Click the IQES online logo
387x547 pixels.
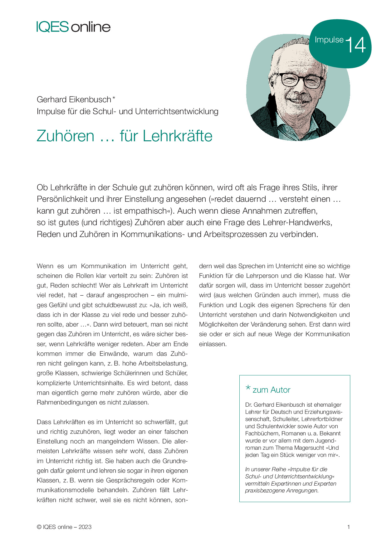[x=73, y=27]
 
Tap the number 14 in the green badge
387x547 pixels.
[x=355, y=45]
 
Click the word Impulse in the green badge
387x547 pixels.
[x=329, y=40]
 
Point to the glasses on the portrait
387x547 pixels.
[x=301, y=80]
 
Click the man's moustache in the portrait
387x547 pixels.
[x=299, y=98]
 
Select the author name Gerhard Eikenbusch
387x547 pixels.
[x=74, y=99]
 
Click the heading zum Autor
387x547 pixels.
[x=271, y=390]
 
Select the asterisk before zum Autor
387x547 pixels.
[x=248, y=388]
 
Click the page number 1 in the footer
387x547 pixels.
[x=349, y=527]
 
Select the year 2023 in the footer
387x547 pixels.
[x=85, y=527]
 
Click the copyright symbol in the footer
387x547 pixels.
[x=39, y=527]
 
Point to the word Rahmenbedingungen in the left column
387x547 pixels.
[x=67, y=402]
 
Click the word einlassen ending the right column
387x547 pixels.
[x=212, y=344]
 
